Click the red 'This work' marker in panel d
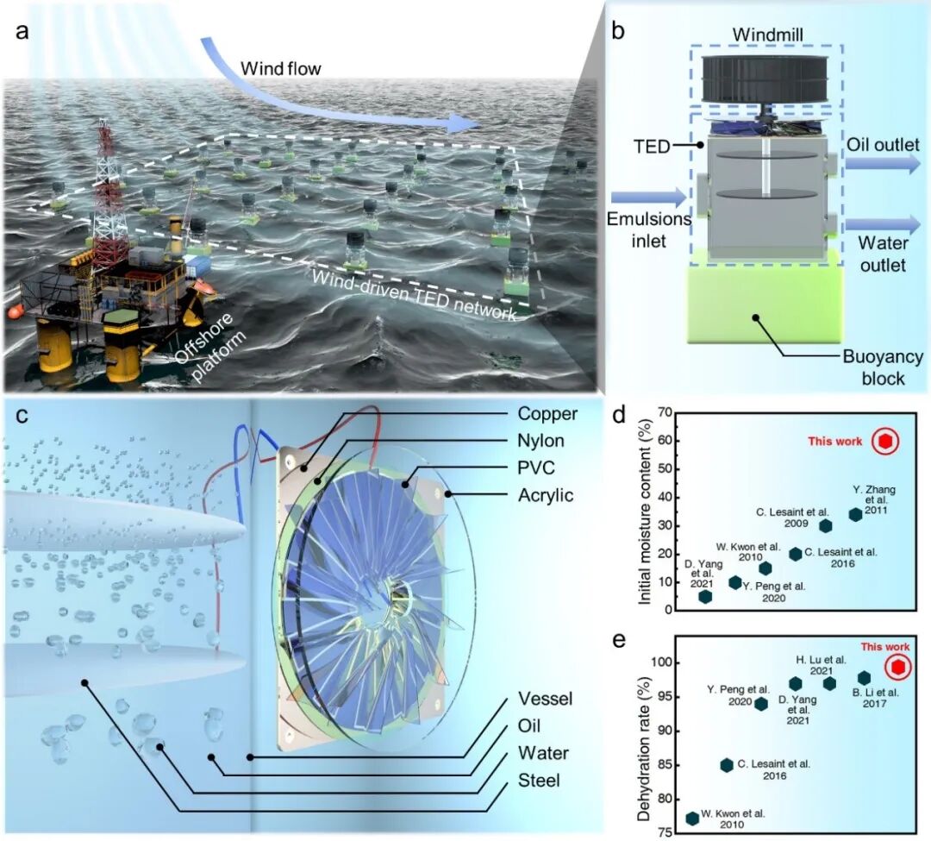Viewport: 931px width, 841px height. coord(885,442)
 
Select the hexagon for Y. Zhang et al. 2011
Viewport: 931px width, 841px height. coord(855,514)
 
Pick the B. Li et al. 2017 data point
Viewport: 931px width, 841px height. coord(865,678)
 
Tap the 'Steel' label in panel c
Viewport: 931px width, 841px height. coord(540,781)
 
